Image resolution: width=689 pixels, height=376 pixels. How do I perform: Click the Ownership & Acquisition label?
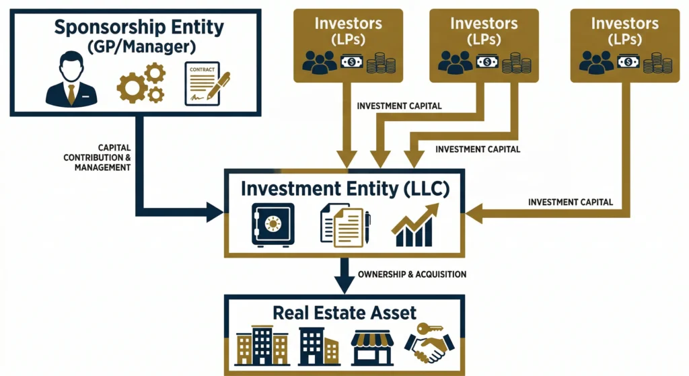[412, 274]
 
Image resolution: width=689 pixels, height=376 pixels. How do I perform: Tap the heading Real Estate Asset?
[344, 312]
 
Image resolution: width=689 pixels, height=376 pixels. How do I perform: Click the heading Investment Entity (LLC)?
[345, 188]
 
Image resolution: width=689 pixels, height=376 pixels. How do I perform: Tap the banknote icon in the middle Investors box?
[486, 63]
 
